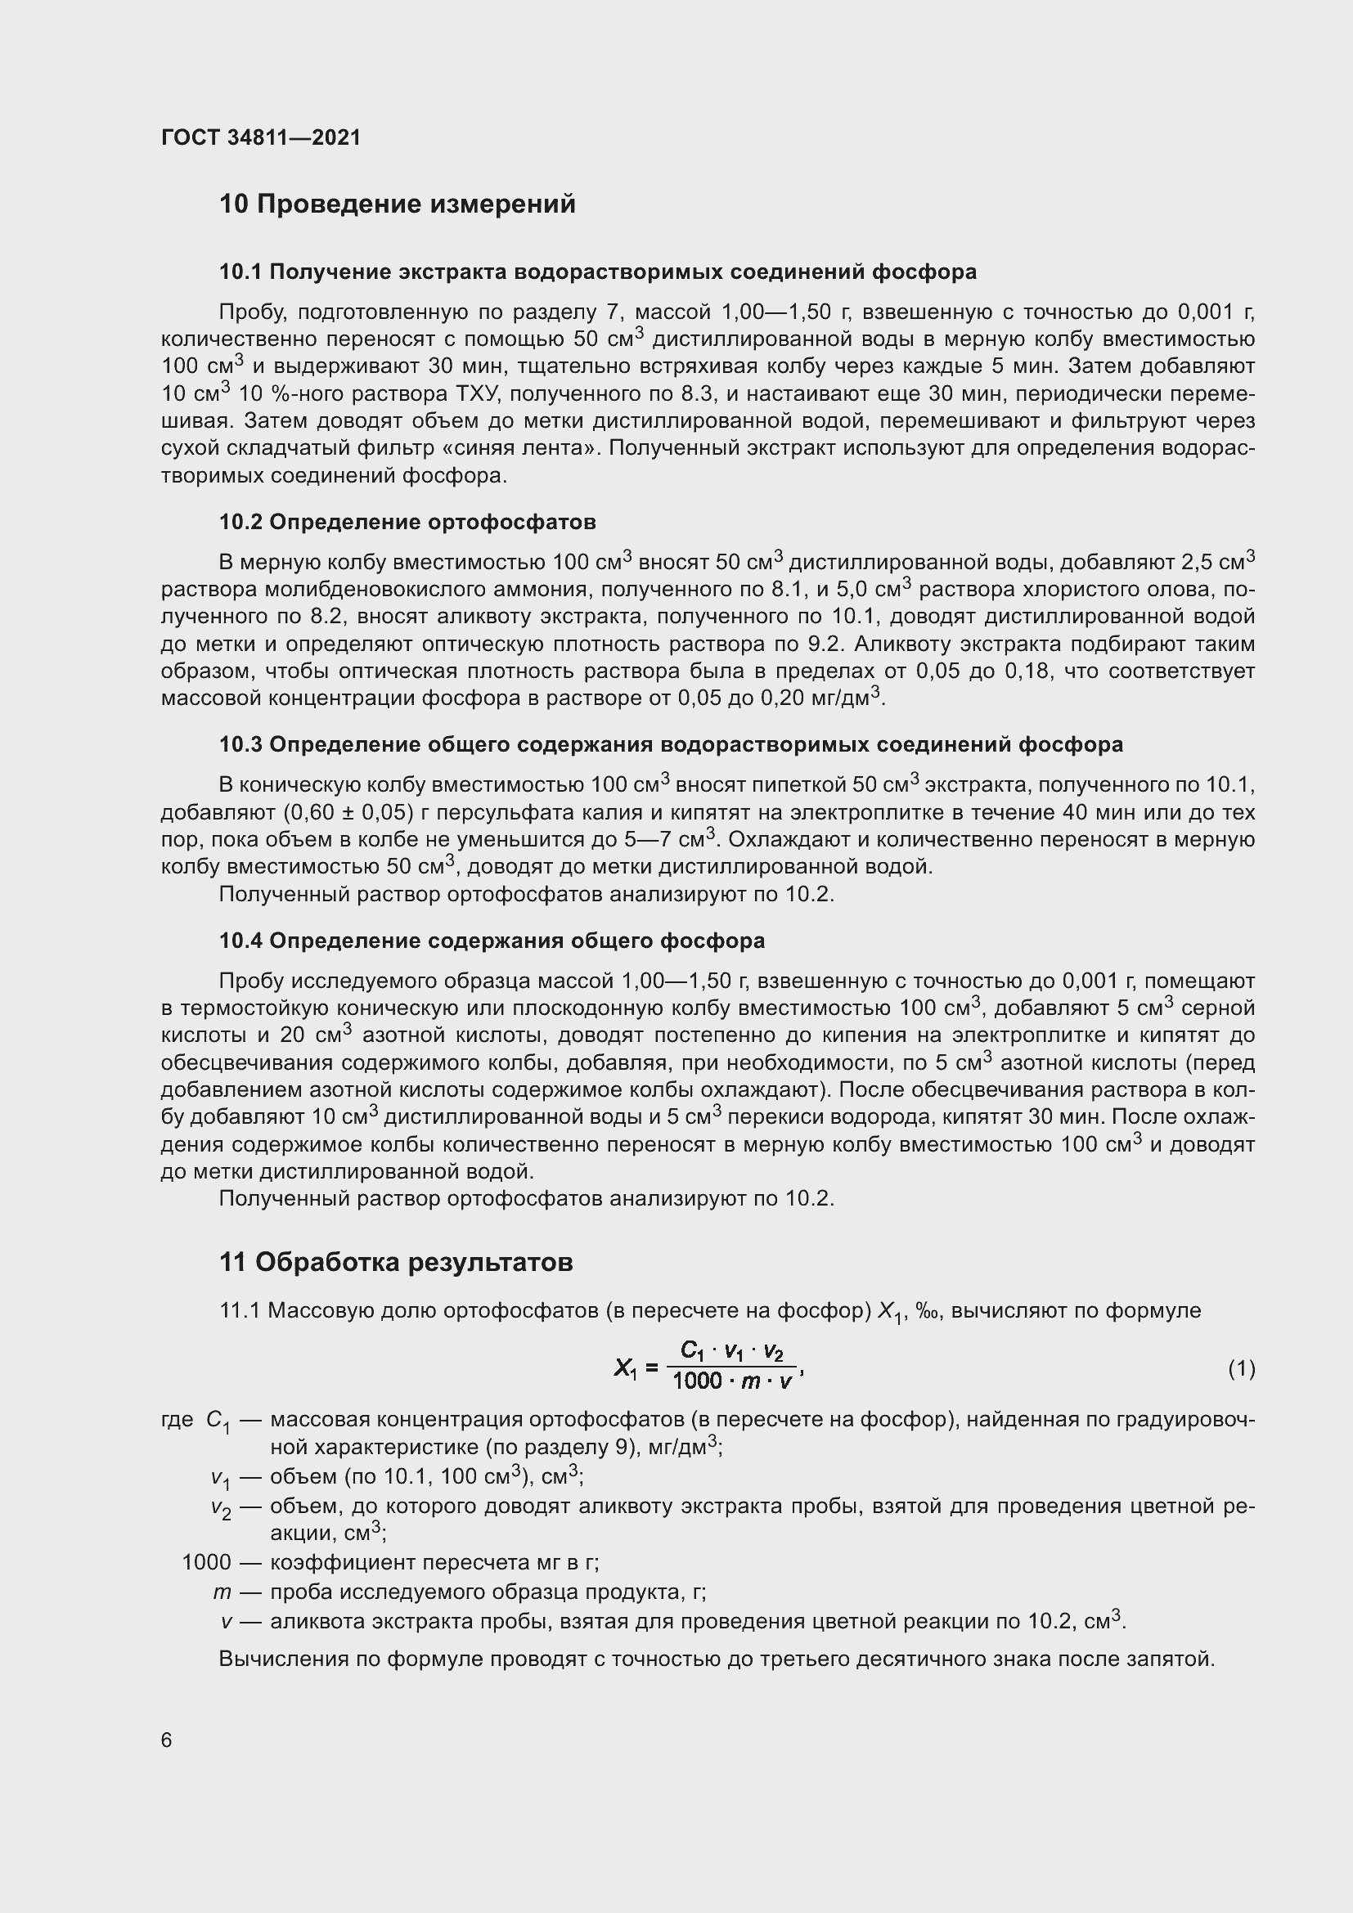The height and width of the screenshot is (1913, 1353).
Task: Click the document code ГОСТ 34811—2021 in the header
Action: pyautogui.click(x=261, y=137)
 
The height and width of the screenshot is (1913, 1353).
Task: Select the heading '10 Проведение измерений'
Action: pyautogui.click(x=397, y=204)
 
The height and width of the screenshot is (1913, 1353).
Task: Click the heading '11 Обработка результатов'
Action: pyautogui.click(x=396, y=1262)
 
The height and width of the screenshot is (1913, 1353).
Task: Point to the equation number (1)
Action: pyautogui.click(x=1241, y=1368)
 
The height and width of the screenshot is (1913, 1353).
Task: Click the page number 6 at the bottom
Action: pyautogui.click(x=167, y=1740)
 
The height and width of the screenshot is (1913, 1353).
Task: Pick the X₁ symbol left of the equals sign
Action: pyautogui.click(x=625, y=1368)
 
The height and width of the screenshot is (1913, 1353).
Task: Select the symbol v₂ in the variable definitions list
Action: pyautogui.click(x=221, y=1507)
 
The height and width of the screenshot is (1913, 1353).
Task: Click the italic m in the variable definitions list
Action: pyautogui.click(x=222, y=1592)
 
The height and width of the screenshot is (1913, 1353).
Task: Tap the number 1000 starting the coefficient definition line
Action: pyautogui.click(x=206, y=1562)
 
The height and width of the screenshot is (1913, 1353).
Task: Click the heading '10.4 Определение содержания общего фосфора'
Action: pyautogui.click(x=492, y=941)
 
